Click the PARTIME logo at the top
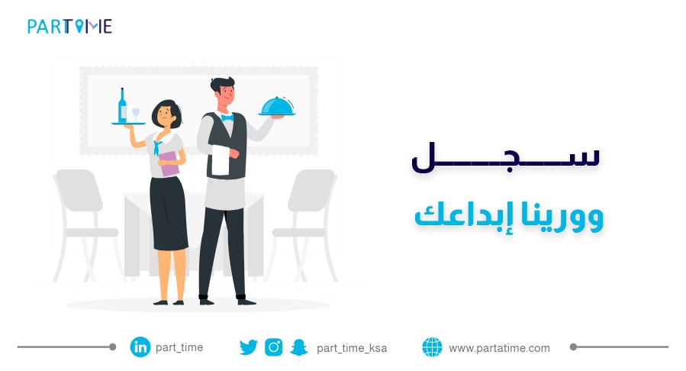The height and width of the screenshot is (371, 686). [69, 27]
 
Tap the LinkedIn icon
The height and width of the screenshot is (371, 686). [140, 347]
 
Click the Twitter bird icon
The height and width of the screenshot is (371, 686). [249, 347]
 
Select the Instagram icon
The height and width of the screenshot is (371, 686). [274, 347]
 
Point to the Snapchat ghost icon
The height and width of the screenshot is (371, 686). [298, 347]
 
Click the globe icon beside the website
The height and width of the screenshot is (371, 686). [432, 347]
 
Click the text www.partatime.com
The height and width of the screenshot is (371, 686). [499, 348]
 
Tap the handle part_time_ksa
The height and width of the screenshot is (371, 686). [352, 348]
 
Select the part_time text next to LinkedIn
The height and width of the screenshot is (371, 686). [179, 347]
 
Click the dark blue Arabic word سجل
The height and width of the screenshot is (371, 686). [505, 157]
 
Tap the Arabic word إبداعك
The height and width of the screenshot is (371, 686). [459, 216]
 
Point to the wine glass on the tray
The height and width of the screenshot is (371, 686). [137, 114]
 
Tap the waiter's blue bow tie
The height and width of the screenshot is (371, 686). [227, 118]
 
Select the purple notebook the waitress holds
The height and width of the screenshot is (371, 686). [169, 163]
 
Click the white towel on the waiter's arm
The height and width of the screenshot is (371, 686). [219, 161]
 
